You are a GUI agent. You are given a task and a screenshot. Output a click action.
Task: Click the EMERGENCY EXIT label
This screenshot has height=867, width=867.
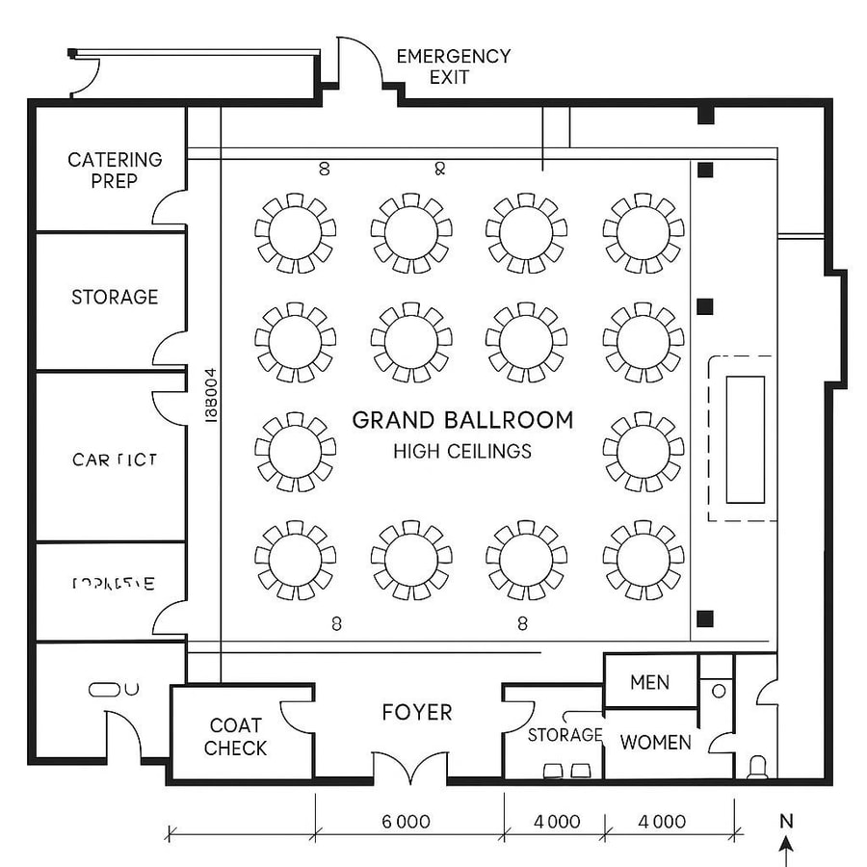coord(453,66)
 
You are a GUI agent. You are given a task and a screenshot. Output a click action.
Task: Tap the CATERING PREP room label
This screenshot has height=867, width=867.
coord(115,170)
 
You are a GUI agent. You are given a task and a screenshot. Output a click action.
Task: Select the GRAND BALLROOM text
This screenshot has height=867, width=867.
coord(462,420)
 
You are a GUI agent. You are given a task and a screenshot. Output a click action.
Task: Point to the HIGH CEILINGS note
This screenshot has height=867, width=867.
coord(462,451)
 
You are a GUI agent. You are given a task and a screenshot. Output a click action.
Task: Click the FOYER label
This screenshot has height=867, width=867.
coord(416,712)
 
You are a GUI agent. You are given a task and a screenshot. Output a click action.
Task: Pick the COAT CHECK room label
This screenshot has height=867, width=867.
coord(236,737)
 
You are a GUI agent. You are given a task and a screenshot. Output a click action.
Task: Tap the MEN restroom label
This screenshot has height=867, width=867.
coord(649,682)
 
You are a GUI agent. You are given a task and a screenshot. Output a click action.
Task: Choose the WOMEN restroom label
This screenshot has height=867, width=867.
coord(655,742)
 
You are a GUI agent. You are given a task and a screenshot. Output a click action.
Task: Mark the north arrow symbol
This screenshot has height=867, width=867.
coord(787,848)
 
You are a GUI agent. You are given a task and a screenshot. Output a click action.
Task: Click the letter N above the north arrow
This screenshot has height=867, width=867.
coord(786,822)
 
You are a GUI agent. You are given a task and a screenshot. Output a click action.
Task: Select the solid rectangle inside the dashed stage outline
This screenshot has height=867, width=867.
coord(745,439)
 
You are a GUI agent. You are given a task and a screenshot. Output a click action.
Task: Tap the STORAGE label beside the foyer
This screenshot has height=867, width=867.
coord(565,735)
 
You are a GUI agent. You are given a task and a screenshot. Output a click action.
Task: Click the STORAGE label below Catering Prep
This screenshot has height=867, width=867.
coord(115,297)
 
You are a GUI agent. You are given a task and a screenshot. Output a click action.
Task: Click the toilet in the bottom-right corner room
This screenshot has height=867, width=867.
coord(757,766)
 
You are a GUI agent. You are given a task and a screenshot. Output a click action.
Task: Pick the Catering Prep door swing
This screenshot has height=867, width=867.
coord(170,205)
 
